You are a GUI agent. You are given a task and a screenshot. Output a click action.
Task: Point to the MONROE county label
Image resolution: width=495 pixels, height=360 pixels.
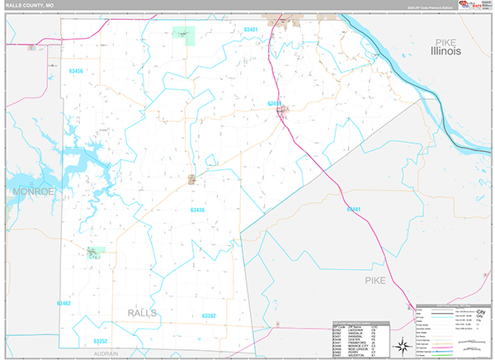[x=32, y=192]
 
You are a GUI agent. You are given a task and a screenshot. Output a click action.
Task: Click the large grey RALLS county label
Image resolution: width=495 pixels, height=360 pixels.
[x=143, y=313]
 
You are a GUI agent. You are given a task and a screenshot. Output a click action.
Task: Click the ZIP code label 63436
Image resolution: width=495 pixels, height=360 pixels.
[x=197, y=211]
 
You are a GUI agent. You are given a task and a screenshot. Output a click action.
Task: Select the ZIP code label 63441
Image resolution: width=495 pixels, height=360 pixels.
[x=354, y=209]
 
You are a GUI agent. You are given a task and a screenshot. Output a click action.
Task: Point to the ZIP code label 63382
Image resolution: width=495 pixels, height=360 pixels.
[x=209, y=315]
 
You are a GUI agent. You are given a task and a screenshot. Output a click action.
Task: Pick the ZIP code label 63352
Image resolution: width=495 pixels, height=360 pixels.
[x=101, y=341]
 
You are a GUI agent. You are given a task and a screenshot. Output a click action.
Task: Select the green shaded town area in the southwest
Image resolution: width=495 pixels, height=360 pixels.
[x=96, y=253]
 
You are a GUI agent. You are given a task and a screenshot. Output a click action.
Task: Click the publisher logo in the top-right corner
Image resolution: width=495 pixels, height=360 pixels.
[x=473, y=7]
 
